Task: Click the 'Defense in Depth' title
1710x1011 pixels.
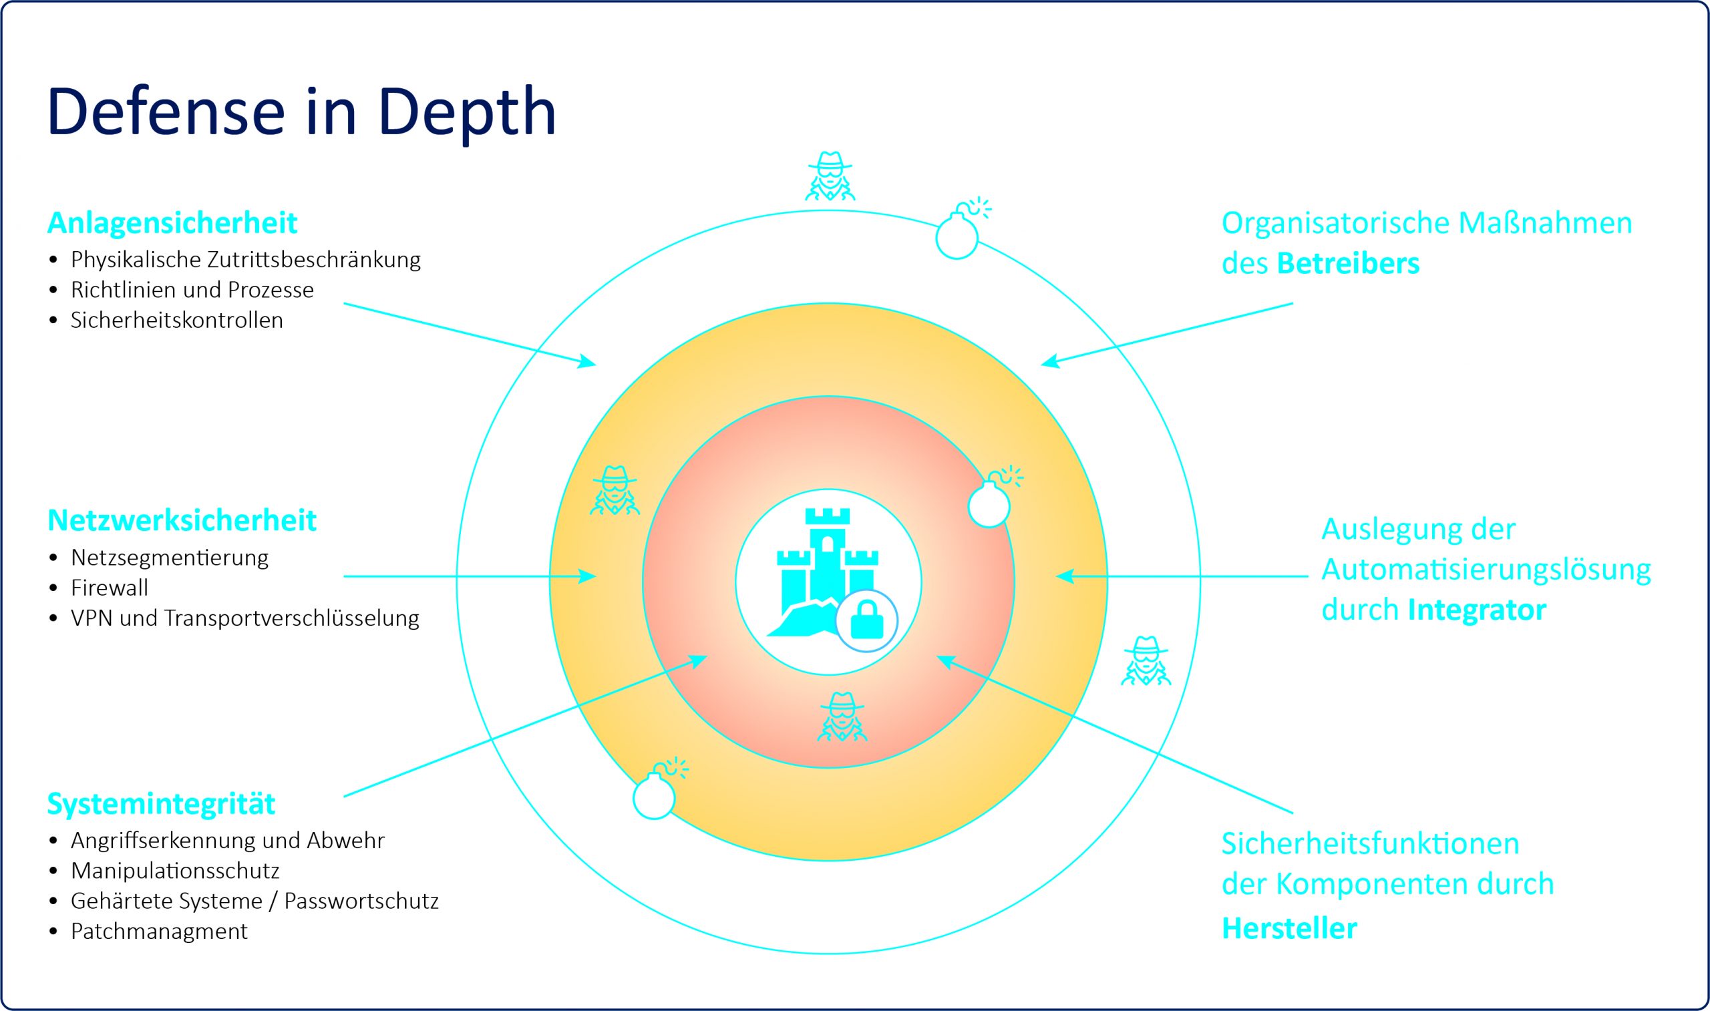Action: [x=301, y=112]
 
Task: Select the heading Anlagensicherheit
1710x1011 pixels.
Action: [x=172, y=224]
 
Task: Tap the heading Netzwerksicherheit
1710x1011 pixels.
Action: [x=182, y=520]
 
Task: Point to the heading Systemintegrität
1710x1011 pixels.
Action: [x=161, y=804]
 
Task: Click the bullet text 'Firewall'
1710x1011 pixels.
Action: [x=109, y=587]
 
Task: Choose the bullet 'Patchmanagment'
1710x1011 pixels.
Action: [x=159, y=931]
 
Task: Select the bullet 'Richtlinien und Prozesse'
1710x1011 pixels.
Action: [x=192, y=290]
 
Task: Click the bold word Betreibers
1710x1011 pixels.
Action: [x=1347, y=264]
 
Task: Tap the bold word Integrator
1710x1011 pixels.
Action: [x=1476, y=610]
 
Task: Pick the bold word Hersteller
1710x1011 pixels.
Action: [x=1289, y=929]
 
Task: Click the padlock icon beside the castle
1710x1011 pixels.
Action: [x=866, y=620]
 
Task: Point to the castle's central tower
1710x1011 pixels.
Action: [x=827, y=552]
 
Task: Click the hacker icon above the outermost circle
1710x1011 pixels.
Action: [x=830, y=176]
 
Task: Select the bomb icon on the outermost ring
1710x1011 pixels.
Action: [x=958, y=234]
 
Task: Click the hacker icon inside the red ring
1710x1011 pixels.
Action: [x=842, y=717]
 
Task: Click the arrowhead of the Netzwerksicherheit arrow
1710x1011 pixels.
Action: [x=587, y=576]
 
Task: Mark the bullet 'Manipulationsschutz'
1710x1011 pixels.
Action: [x=175, y=871]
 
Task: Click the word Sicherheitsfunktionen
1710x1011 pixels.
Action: [x=1370, y=843]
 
